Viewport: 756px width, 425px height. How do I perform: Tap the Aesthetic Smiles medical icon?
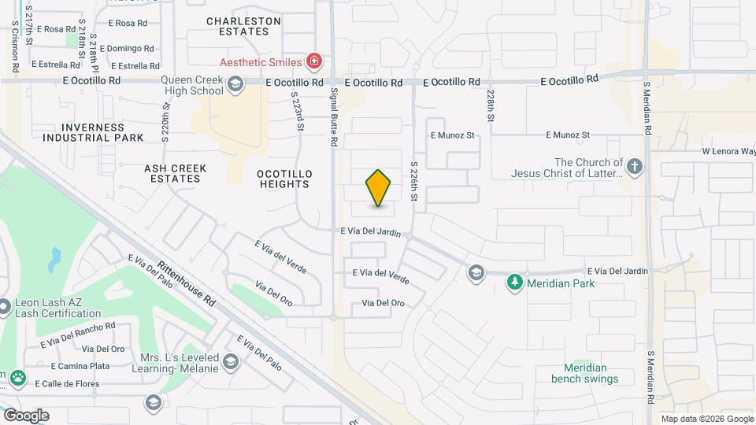[x=313, y=61]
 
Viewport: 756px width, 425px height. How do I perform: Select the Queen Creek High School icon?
[x=235, y=85]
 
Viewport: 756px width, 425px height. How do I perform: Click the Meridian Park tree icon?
[x=515, y=283]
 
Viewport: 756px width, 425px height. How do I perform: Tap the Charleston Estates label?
[x=243, y=26]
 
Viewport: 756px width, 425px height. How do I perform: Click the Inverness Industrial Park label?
[x=93, y=132]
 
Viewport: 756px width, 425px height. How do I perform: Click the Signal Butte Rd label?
[x=334, y=117]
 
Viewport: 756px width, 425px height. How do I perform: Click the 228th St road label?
[x=490, y=105]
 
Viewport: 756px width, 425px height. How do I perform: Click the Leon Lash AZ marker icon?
[x=5, y=305]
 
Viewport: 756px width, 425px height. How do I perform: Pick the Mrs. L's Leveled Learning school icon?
[x=231, y=361]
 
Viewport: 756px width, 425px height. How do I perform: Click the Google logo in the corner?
[x=26, y=415]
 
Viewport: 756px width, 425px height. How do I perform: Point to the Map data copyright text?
[x=707, y=419]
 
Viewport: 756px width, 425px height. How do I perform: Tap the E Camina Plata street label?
[x=80, y=366]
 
